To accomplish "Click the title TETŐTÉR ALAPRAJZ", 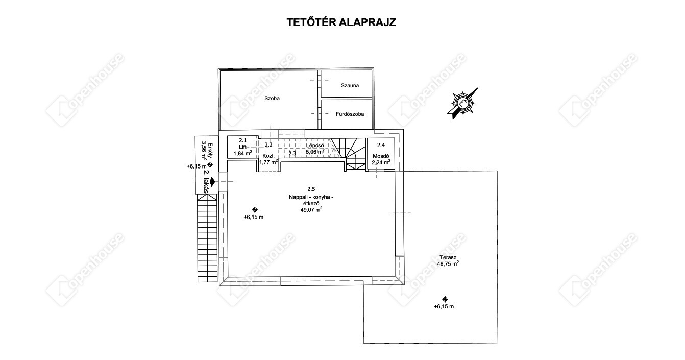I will pyautogui.click(x=342, y=22).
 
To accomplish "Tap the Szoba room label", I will pyautogui.click(x=272, y=98).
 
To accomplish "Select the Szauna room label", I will pyautogui.click(x=350, y=85).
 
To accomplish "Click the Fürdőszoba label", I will pyautogui.click(x=350, y=114).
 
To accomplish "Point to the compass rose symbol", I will pyautogui.click(x=462, y=102).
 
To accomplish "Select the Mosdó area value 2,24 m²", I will pyautogui.click(x=381, y=162).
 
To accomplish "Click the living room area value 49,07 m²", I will pyautogui.click(x=311, y=209).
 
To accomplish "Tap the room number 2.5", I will pyautogui.click(x=311, y=189).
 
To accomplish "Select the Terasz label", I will pyautogui.click(x=447, y=257).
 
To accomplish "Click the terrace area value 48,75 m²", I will pyautogui.click(x=448, y=264).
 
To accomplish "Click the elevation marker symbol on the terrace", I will pyautogui.click(x=445, y=299).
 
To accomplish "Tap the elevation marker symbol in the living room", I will pyautogui.click(x=255, y=209).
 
